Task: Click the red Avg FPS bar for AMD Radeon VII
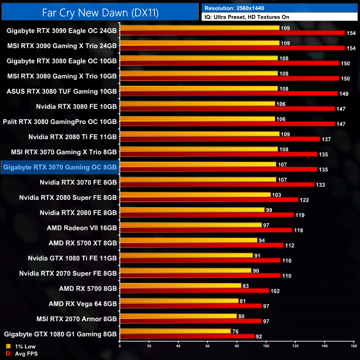pyautogui.click(x=205, y=230)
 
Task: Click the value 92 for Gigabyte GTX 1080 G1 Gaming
pyautogui.click(x=259, y=336)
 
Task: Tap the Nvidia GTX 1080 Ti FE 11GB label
pyautogui.click(x=73, y=258)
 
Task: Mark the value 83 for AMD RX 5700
pyautogui.click(x=245, y=286)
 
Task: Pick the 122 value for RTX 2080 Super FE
pyautogui.click(x=304, y=199)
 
